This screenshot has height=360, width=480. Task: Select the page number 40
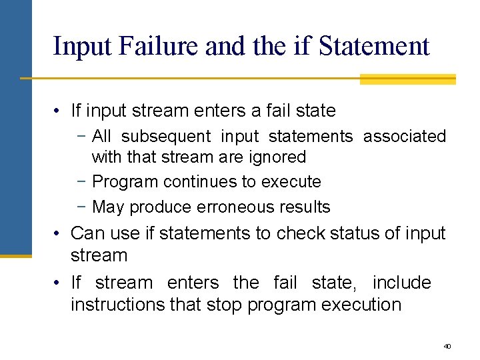(447, 346)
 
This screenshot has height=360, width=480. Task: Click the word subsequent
(166, 137)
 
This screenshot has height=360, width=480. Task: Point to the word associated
(404, 137)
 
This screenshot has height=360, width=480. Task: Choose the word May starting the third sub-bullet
(108, 207)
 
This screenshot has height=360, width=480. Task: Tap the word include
(402, 283)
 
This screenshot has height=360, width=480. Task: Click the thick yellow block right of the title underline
(407, 79)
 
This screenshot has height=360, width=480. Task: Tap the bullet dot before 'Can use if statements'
(59, 233)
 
